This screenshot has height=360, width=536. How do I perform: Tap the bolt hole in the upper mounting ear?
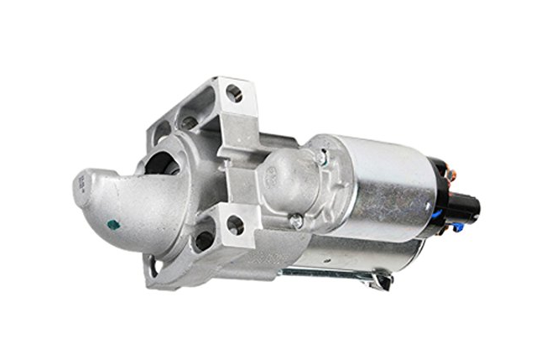click(234, 93)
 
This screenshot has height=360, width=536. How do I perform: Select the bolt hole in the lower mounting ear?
click(234, 225)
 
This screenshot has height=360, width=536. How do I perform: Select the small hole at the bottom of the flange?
click(154, 268)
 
